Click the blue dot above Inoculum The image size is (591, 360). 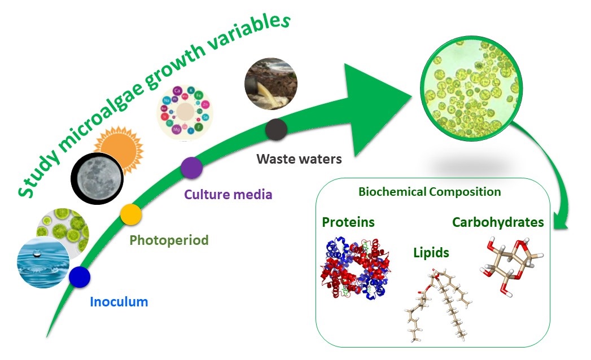coord(80,276)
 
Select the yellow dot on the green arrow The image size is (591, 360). coord(131,214)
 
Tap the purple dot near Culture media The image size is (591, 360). coord(191,168)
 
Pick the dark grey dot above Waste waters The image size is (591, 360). coord(277,129)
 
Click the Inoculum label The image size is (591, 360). coord(119,302)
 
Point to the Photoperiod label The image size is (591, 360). coord(169,240)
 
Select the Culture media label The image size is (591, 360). coord(228,195)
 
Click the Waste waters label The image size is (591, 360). coord(299,159)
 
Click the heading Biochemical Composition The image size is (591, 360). coord(430,192)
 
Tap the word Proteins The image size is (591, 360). coord(348,222)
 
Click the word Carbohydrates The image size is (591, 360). coord(498,222)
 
